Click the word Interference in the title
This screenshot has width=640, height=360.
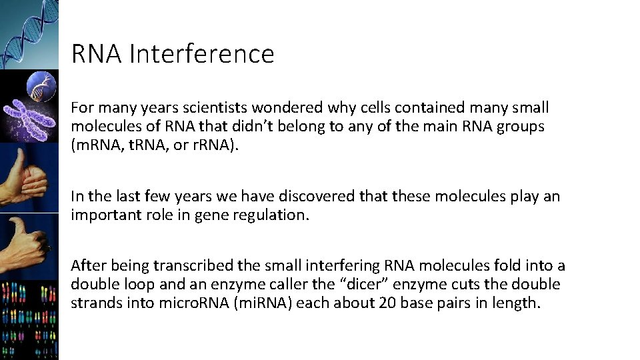click(x=201, y=54)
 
